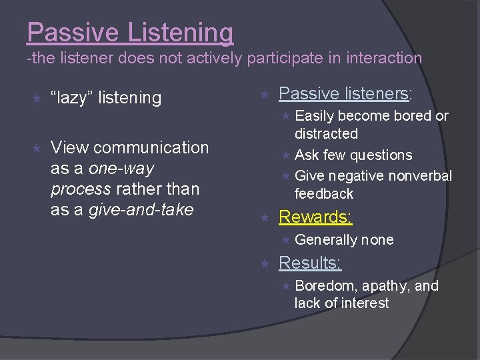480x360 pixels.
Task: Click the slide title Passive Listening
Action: coord(131,32)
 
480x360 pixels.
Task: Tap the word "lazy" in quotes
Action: coord(75,98)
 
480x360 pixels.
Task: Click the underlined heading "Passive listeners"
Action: coord(343,93)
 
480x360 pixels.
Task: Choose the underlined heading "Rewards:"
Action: coord(315,217)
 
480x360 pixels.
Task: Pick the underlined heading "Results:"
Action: coord(310,263)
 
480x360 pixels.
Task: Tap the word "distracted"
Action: coord(326,134)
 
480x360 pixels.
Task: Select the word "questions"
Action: coord(381,155)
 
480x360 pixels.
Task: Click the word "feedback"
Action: coord(324,194)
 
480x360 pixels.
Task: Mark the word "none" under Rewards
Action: coord(377,240)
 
